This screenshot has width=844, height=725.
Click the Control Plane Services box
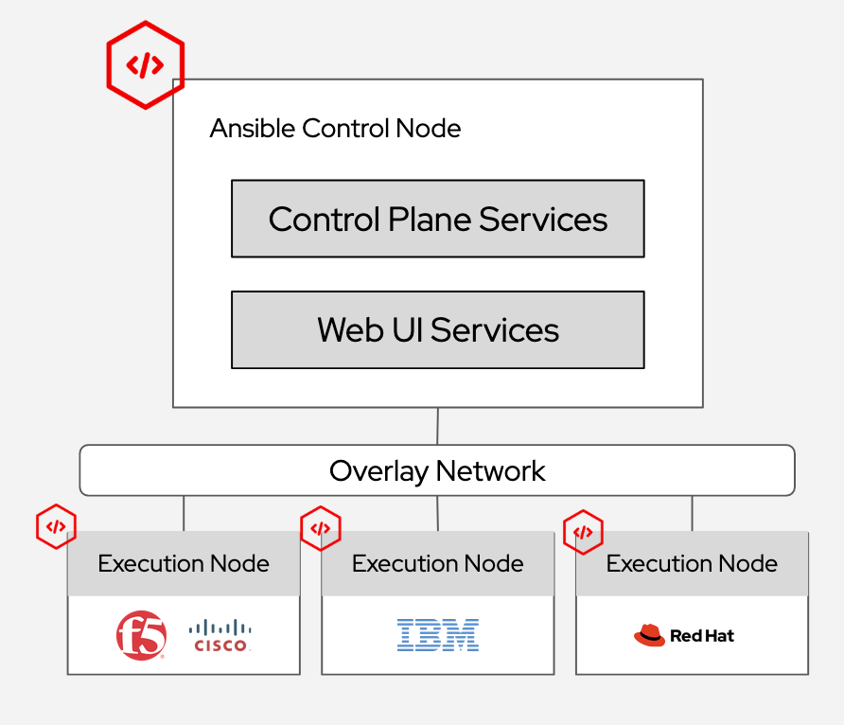(x=437, y=219)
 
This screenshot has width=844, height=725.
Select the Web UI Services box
(x=437, y=329)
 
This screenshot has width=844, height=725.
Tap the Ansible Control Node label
(x=335, y=128)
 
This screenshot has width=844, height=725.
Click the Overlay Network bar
(x=437, y=470)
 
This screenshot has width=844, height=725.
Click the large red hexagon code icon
(x=145, y=65)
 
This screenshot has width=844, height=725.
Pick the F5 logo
(x=141, y=635)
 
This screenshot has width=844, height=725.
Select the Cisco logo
(x=220, y=635)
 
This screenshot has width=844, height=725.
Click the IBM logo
(x=438, y=635)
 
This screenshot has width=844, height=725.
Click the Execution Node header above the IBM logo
(x=438, y=564)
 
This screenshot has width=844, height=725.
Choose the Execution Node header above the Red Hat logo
(x=692, y=564)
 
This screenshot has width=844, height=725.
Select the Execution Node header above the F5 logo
(x=184, y=564)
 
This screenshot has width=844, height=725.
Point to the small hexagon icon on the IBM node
(x=320, y=528)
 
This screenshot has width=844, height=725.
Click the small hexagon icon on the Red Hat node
(x=583, y=532)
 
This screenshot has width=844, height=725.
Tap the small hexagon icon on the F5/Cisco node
(x=56, y=526)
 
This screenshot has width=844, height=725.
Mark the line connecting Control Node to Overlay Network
(x=437, y=426)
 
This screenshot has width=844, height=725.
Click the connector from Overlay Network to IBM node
(x=437, y=513)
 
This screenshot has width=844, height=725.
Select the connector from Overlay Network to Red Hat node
(x=692, y=513)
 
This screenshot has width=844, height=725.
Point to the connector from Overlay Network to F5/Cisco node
(x=184, y=513)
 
